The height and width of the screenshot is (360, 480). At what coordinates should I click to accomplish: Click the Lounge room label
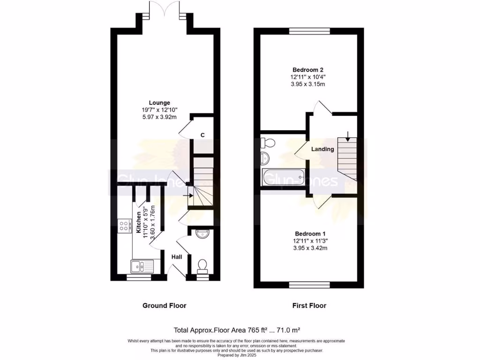[159, 103]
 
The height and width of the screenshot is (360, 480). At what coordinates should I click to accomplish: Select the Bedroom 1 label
[310, 233]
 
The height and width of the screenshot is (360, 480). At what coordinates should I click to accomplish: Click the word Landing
[323, 149]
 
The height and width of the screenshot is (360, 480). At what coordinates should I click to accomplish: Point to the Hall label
[177, 257]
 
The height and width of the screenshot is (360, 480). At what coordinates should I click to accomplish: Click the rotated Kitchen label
[139, 223]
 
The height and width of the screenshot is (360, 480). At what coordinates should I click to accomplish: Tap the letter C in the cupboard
[202, 135]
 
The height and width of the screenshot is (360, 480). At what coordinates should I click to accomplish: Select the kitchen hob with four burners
[125, 226]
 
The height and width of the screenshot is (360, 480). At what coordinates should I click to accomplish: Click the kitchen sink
[140, 267]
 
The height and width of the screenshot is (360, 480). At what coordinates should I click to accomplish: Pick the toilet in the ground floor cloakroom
[202, 266]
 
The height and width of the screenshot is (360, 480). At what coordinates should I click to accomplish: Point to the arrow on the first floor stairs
[347, 136]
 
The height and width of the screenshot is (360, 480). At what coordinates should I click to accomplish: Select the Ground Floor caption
[164, 306]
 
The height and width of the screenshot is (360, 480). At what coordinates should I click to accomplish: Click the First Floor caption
[309, 306]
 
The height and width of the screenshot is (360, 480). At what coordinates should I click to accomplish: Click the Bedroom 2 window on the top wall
[309, 31]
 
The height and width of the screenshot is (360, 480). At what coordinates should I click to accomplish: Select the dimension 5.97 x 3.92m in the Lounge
[159, 117]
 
